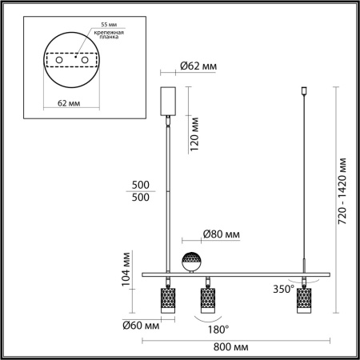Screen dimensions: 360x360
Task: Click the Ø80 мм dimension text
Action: point(222,235)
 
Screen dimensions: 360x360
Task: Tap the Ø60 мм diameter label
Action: point(141,326)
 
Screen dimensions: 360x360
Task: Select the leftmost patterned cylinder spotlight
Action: point(169,300)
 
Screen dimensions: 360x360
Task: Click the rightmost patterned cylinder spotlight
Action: point(304,300)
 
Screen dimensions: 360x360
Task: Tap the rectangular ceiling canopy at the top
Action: point(168,102)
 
